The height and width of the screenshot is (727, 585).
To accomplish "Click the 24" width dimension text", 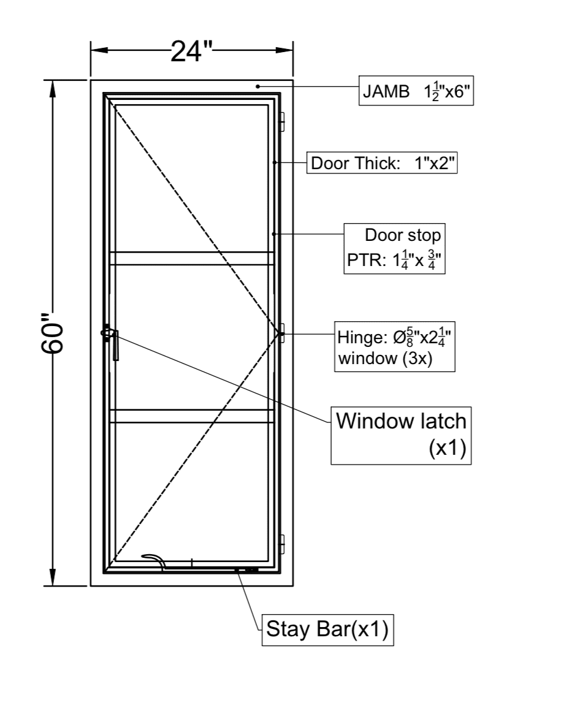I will pyautogui.click(x=191, y=51).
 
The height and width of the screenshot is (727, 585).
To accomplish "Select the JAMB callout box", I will pyautogui.click(x=416, y=93).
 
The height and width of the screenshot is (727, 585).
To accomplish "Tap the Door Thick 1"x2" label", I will pyautogui.click(x=382, y=164).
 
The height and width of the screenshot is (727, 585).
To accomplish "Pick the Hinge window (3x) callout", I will pyautogui.click(x=395, y=346).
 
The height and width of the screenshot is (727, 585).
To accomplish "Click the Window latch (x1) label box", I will pyautogui.click(x=401, y=434).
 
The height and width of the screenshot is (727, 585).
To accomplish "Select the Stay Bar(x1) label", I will pyautogui.click(x=327, y=630).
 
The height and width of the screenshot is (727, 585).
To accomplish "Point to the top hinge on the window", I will pyautogui.click(x=282, y=122).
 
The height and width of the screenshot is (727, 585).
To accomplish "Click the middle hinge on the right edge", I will pyautogui.click(x=281, y=333).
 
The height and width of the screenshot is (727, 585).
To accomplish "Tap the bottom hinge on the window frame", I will pyautogui.click(x=282, y=544).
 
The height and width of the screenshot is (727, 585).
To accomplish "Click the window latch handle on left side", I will pyautogui.click(x=113, y=343).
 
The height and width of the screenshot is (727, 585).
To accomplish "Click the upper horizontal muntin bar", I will pyautogui.click(x=191, y=258).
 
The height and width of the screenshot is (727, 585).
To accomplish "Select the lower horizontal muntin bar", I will pyautogui.click(x=191, y=416).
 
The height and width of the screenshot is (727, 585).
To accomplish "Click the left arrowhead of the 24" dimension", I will pyautogui.click(x=98, y=51).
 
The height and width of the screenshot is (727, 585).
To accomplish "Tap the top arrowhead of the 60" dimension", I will pyautogui.click(x=53, y=88).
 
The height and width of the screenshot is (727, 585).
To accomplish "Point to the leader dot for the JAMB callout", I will pyautogui.click(x=258, y=86).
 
